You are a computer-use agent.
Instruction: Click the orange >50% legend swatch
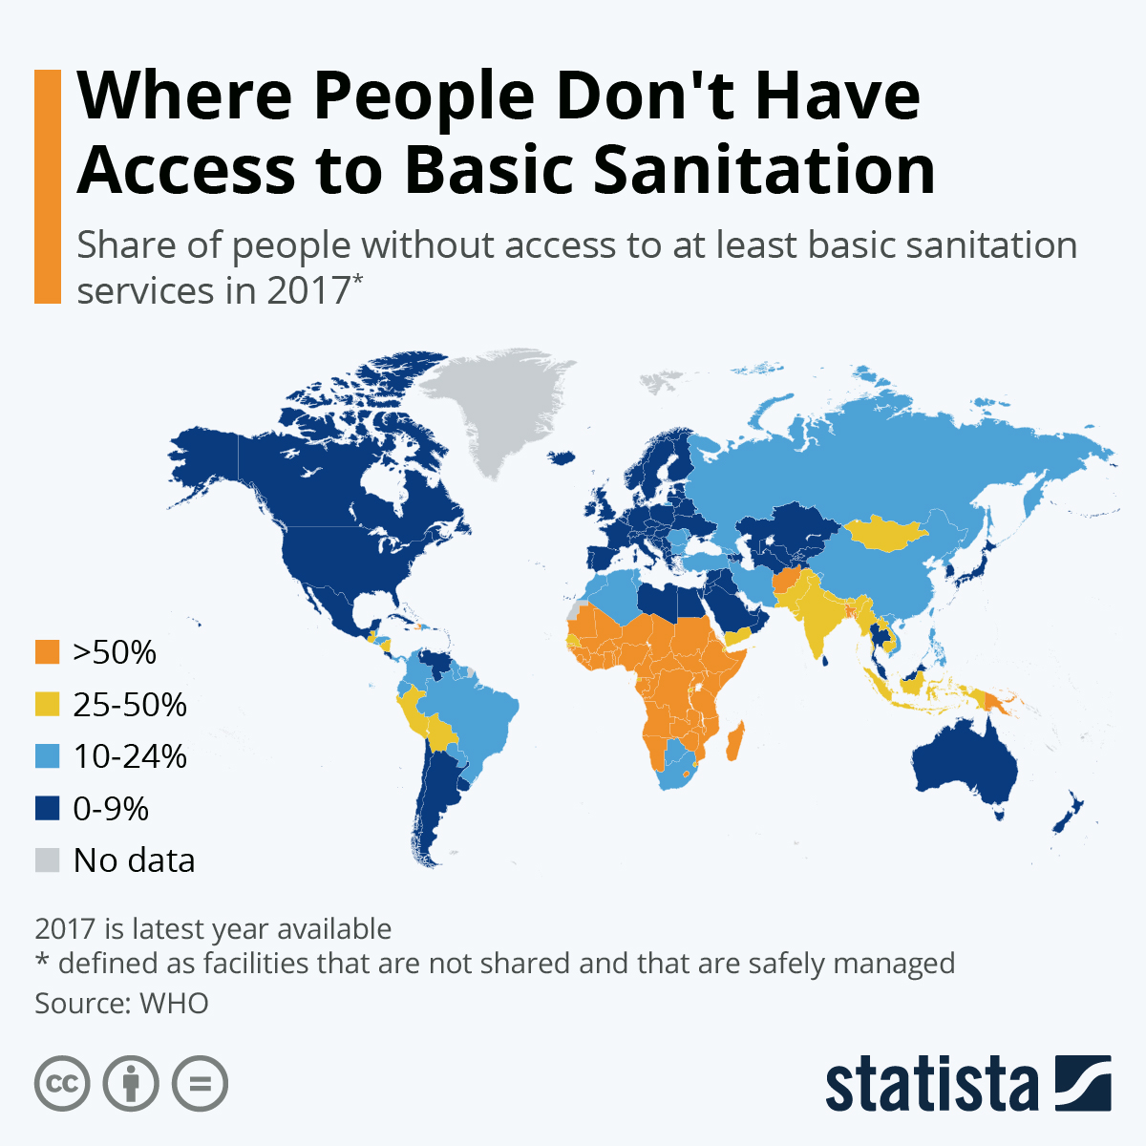tap(47, 652)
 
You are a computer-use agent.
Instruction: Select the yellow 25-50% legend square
tap(47, 705)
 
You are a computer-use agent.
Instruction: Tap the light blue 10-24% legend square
tap(47, 756)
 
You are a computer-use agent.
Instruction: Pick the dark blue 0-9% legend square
tap(47, 809)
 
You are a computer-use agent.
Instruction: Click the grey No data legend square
tap(47, 860)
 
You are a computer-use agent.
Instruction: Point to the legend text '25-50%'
tap(130, 705)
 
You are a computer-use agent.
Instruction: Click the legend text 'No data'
tap(134, 860)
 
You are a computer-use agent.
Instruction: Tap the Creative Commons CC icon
tap(62, 1084)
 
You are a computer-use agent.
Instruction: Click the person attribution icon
tap(131, 1084)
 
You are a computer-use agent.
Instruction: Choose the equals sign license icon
tap(201, 1084)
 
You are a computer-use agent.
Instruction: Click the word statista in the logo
tap(931, 1085)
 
